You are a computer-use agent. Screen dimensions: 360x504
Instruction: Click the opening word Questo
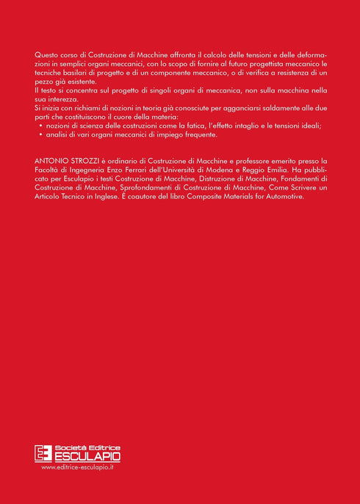click(47, 55)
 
